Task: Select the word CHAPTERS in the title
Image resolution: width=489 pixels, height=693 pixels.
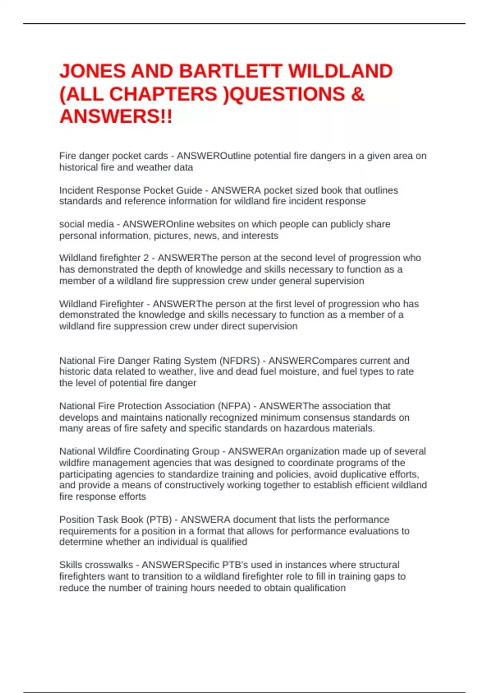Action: [163, 94]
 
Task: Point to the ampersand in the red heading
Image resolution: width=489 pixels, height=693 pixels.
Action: [357, 94]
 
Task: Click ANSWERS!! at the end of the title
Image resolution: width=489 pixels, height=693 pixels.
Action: [116, 117]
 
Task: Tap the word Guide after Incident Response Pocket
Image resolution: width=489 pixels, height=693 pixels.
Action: [189, 190]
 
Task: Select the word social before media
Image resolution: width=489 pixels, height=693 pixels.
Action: [72, 224]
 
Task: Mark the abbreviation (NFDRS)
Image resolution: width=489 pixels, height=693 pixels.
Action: [239, 361]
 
